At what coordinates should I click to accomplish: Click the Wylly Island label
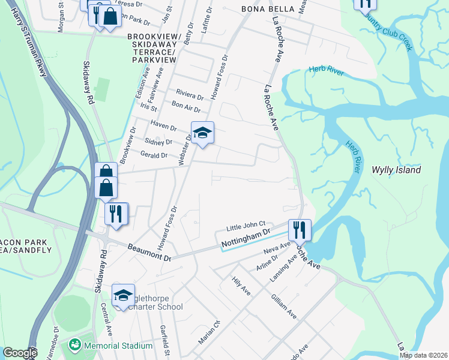395,170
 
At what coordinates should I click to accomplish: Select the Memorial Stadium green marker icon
75,345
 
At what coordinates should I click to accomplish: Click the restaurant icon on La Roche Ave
299,230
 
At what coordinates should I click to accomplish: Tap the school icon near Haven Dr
202,133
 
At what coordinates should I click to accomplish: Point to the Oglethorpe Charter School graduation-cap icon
123,295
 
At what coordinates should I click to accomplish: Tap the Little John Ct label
246,226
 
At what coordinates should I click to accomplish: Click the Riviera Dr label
190,94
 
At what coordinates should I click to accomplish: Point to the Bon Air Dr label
185,107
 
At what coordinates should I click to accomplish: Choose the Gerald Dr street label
154,155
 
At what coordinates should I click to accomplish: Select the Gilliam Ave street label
283,306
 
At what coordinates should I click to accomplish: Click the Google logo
20,353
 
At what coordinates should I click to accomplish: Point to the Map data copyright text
424,355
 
